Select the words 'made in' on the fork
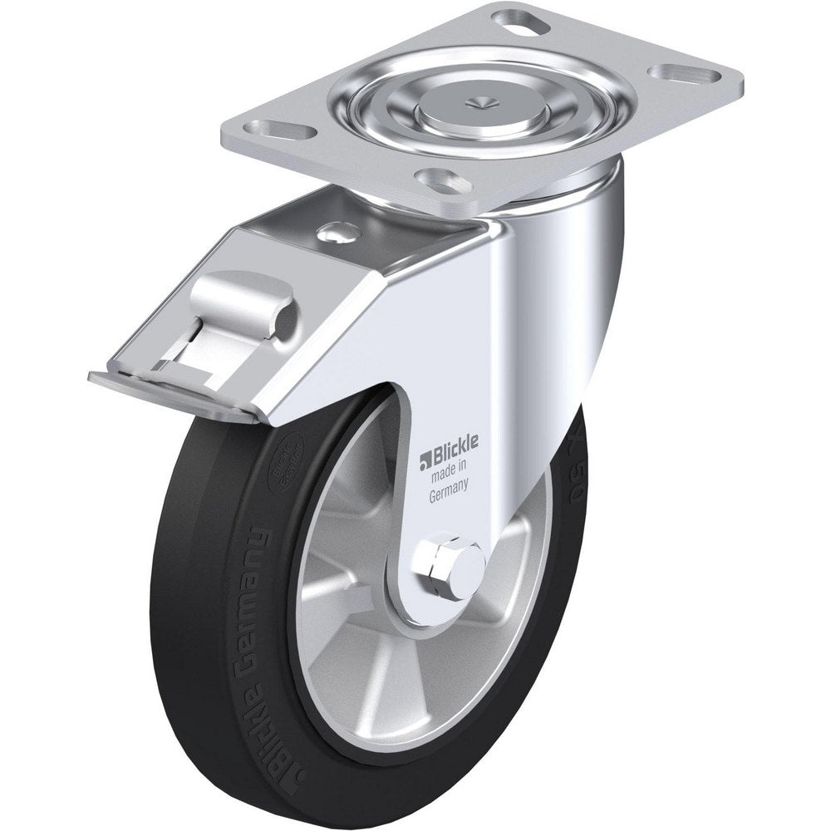[446, 475]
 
